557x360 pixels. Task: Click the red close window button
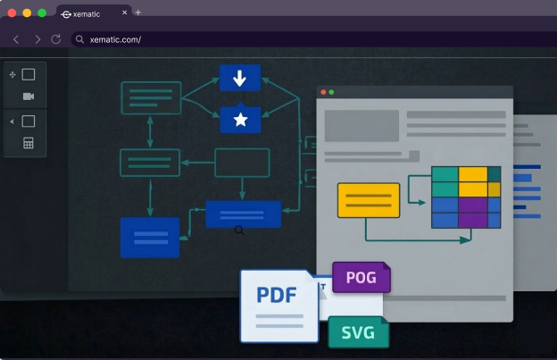click(x=12, y=13)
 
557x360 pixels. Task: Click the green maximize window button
click(x=42, y=13)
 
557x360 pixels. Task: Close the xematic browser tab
click(x=124, y=13)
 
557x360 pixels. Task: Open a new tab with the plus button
click(x=138, y=13)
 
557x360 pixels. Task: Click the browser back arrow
click(x=16, y=39)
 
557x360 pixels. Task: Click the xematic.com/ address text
click(x=115, y=39)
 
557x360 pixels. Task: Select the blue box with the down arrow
click(x=239, y=78)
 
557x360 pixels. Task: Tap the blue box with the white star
click(x=239, y=120)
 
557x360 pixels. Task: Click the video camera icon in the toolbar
click(x=29, y=96)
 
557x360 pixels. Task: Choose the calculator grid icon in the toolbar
click(x=29, y=143)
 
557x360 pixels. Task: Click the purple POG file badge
click(x=361, y=278)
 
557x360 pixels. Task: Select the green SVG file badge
click(x=358, y=332)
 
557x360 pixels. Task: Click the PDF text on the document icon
click(x=277, y=296)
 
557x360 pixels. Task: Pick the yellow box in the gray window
click(x=368, y=200)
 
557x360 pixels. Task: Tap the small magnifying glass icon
click(x=239, y=230)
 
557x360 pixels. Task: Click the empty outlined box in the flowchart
click(x=242, y=163)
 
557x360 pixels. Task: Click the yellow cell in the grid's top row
click(x=473, y=174)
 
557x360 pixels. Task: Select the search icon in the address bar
click(x=79, y=39)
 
